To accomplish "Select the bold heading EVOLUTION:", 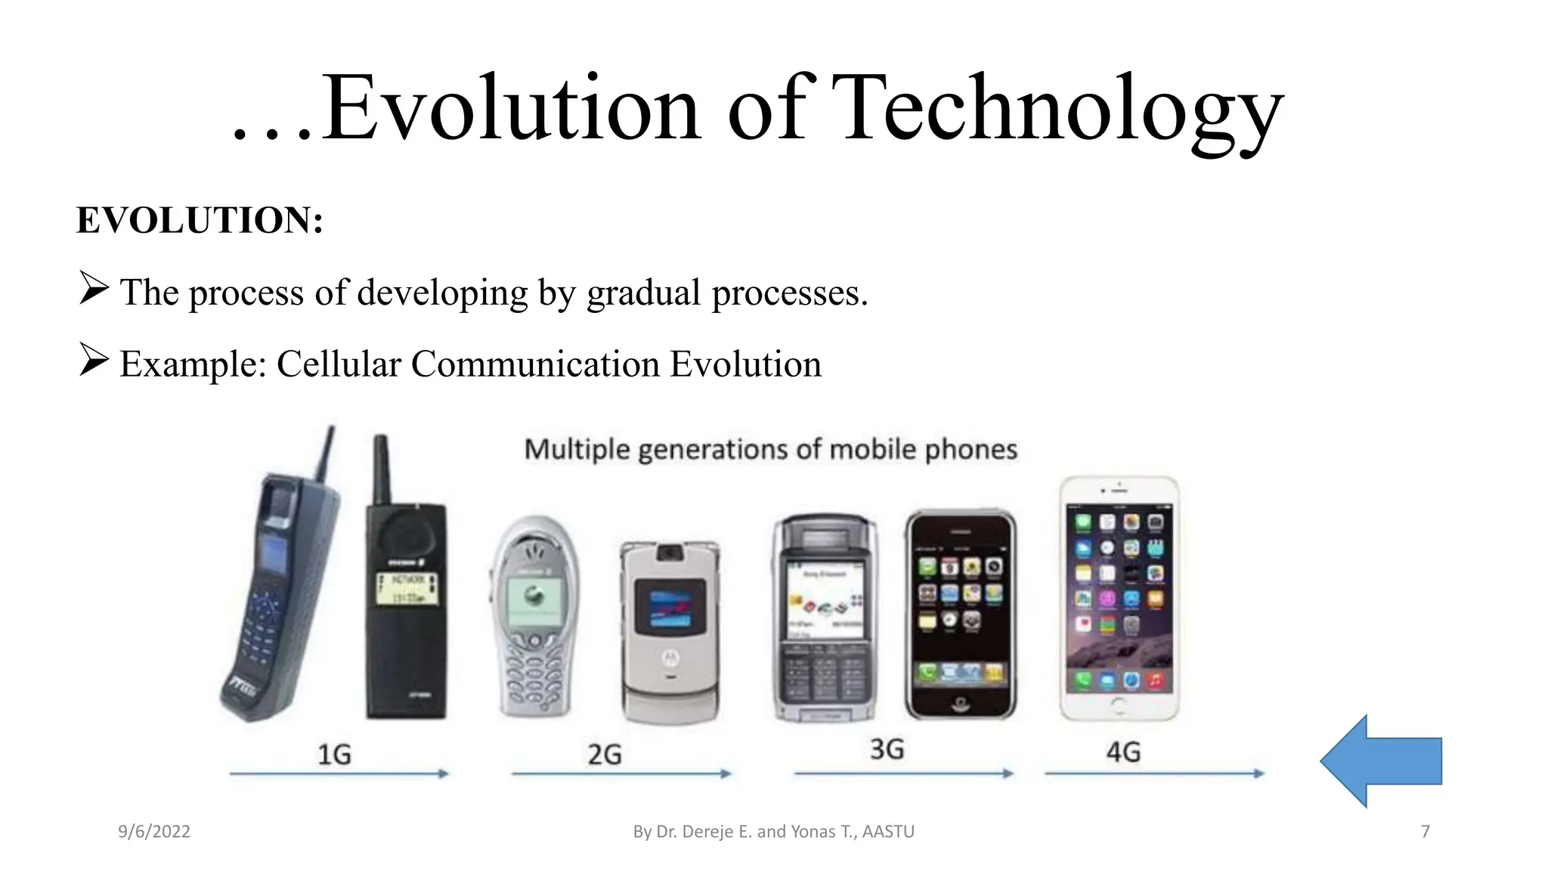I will click(x=200, y=221).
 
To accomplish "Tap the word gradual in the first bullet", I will click(x=644, y=293).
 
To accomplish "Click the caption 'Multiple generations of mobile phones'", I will click(x=770, y=450).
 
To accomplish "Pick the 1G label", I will click(x=334, y=754).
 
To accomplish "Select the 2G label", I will click(x=605, y=754).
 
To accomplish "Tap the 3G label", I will click(x=887, y=749).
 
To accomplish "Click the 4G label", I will click(x=1123, y=752).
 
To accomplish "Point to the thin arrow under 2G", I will click(x=621, y=773).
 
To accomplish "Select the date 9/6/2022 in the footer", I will click(x=154, y=832).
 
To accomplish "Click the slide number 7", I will click(x=1426, y=832).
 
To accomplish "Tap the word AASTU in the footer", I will click(x=888, y=832).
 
